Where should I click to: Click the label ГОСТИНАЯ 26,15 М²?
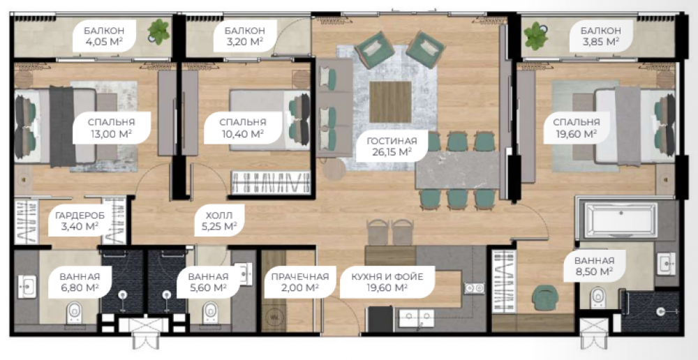click(x=392, y=147)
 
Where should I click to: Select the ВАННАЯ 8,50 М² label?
click(x=594, y=266)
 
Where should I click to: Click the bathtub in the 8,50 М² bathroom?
click(x=621, y=220)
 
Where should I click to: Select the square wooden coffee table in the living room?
click(x=390, y=102)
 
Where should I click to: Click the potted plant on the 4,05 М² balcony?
click(x=158, y=31)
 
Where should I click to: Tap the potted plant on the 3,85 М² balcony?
click(x=535, y=36)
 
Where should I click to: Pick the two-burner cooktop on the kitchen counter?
click(x=474, y=288)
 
